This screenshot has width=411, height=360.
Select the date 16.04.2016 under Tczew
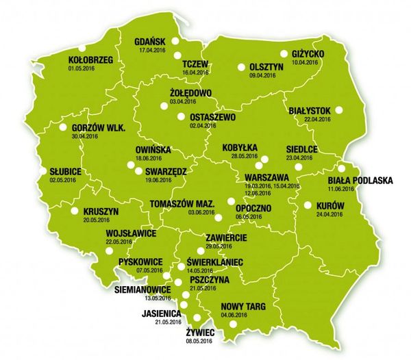pos(195,72)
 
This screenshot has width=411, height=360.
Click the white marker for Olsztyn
pos(241,66)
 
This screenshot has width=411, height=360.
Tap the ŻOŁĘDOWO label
pos(189,93)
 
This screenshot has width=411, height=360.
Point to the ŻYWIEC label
pos(200,333)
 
